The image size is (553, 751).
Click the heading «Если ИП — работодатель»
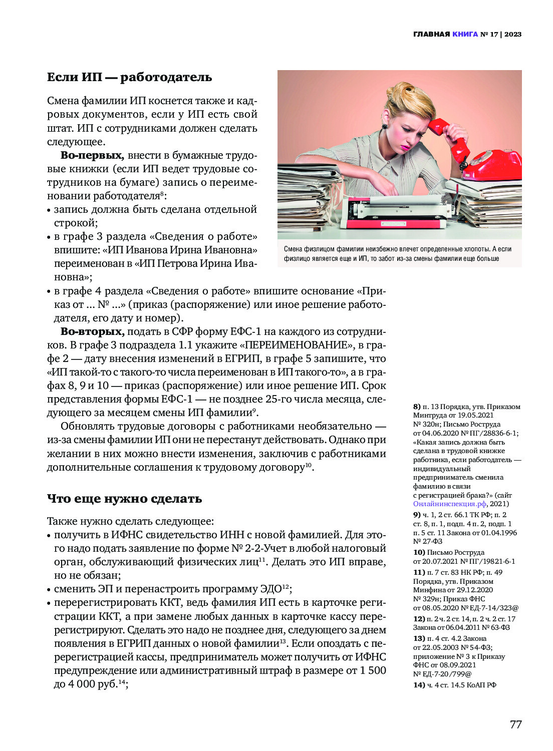(x=129, y=77)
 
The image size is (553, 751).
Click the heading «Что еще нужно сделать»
(x=124, y=499)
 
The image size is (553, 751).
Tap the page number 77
(x=515, y=724)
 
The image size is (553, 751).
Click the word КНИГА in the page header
(x=465, y=35)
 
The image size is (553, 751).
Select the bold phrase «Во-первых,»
(x=92, y=155)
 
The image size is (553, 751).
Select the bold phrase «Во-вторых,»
(x=92, y=331)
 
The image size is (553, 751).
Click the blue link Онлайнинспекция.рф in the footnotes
(x=449, y=504)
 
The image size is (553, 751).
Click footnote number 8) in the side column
(x=417, y=407)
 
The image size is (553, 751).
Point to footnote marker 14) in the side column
(x=419, y=685)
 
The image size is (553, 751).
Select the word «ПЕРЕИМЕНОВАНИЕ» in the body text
(x=296, y=345)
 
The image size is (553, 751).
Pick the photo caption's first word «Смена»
(x=294, y=249)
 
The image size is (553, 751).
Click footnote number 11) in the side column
(x=419, y=572)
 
